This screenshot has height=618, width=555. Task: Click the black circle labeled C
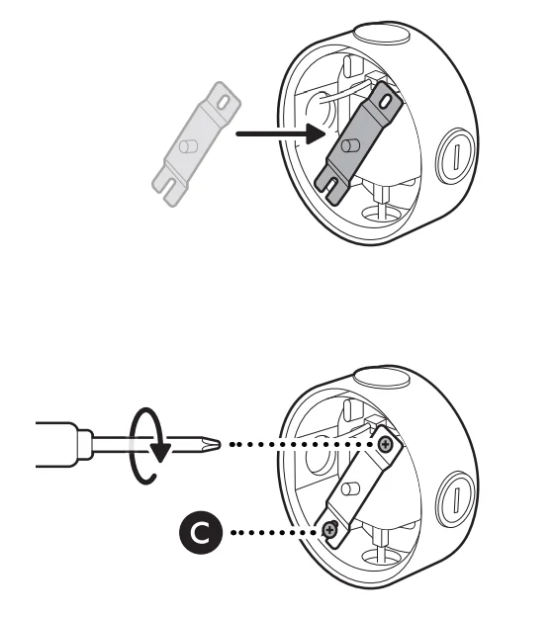tap(201, 533)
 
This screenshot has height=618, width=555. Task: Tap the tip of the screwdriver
tap(220, 444)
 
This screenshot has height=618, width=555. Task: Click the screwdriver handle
tap(56, 444)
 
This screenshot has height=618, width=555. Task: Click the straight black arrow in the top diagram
tap(280, 134)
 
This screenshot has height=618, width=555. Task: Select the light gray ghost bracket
tap(196, 143)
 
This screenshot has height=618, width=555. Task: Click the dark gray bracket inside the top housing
tap(358, 143)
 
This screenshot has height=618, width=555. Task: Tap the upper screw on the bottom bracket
tap(385, 445)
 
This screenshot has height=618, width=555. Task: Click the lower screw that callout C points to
tap(329, 530)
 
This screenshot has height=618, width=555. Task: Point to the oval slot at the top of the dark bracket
tap(385, 102)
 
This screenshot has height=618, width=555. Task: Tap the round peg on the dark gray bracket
tap(350, 145)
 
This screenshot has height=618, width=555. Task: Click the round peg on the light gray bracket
tap(188, 146)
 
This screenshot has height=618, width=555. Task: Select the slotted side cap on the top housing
tap(455, 156)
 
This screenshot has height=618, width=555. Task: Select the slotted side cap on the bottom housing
tap(455, 499)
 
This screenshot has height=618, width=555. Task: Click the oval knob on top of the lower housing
tap(382, 377)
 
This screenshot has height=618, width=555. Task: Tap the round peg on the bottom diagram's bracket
tap(350, 488)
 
